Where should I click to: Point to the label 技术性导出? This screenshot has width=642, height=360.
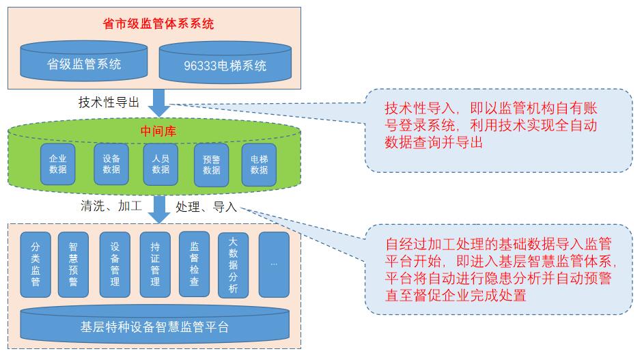click(x=109, y=103)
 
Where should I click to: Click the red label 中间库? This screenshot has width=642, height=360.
click(x=158, y=131)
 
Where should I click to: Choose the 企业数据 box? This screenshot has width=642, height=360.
click(x=58, y=164)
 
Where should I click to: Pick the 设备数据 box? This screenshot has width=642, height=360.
click(x=111, y=164)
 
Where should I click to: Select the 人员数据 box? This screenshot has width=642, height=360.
click(x=160, y=164)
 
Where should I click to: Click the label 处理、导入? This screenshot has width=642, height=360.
click(x=206, y=206)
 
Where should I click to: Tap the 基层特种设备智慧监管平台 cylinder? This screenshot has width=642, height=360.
click(x=154, y=326)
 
